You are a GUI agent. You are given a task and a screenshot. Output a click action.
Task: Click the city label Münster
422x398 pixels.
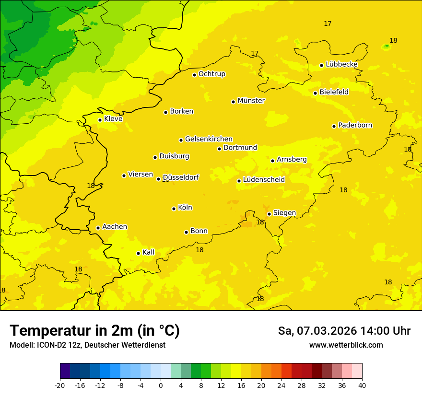tap(251, 101)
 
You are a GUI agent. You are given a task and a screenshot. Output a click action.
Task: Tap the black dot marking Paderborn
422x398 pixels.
tap(334, 126)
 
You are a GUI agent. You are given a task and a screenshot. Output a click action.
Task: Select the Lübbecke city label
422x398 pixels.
tap(341, 64)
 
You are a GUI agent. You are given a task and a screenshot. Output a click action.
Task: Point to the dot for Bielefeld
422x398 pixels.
tap(315, 93)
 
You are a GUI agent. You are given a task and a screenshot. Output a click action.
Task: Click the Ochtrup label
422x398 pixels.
tap(212, 74)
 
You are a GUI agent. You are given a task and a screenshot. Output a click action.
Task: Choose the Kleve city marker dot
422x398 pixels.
tap(100, 120)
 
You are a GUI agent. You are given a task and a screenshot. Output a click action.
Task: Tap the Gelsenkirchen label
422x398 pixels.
tap(209, 139)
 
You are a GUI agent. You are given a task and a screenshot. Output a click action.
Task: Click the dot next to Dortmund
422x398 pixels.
tap(219, 149)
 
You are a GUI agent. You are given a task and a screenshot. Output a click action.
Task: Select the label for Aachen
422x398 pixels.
tap(115, 227)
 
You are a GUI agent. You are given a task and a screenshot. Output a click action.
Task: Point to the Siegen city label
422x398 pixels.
tap(284, 213)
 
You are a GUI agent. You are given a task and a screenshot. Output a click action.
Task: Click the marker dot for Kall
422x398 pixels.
tap(138, 253)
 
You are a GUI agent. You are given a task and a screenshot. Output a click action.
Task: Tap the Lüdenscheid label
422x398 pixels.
tap(264, 180)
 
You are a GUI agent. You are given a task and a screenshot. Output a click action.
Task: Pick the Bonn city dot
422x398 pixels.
tap(186, 232)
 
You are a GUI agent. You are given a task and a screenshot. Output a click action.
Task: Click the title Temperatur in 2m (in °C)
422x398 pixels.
tap(94, 331)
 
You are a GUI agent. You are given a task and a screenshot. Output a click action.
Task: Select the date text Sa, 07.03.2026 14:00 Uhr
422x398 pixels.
tap(344, 331)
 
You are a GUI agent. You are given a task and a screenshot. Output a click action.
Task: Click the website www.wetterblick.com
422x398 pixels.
tap(346, 345)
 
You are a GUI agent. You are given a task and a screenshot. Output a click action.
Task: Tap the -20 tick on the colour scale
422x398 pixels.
tap(60, 386)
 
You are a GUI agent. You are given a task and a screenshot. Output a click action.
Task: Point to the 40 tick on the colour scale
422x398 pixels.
tap(362, 386)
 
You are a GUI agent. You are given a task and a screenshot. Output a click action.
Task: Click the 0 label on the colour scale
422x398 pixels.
tap(161, 386)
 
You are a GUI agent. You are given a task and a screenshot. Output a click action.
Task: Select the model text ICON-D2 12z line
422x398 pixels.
tap(87, 345)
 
